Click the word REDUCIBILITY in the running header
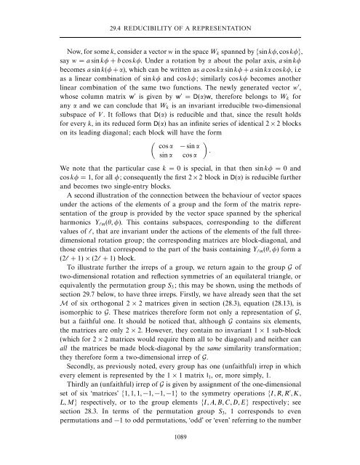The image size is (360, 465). [157, 9]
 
